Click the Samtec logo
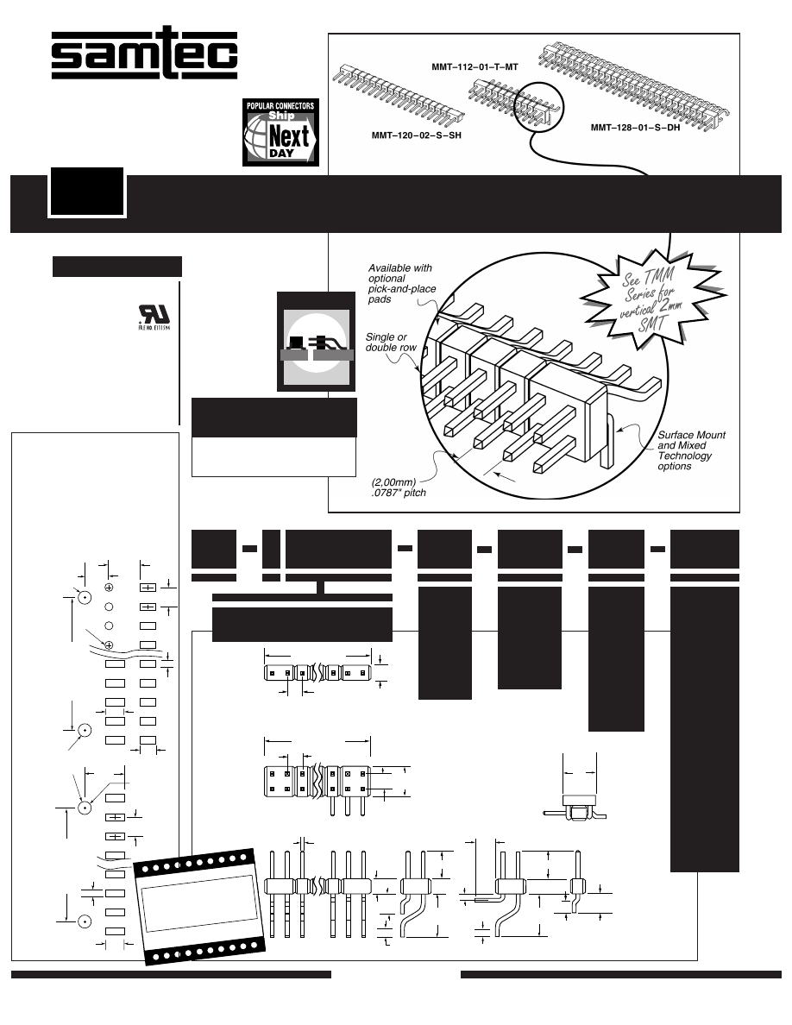144,56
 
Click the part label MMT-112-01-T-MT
474,66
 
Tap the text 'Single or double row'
391,341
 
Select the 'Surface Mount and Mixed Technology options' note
691,450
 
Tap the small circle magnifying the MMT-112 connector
531,109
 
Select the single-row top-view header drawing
317,672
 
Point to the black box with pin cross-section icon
315,341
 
